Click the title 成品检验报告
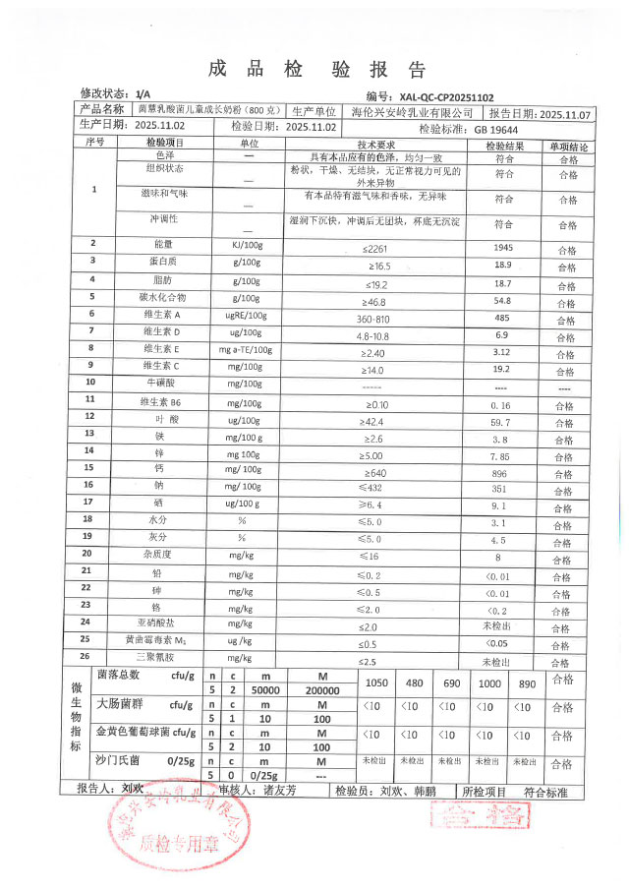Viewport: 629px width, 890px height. point(316,70)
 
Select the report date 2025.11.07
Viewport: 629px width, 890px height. point(567,113)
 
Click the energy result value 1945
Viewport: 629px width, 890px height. point(504,245)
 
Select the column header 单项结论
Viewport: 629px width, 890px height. point(569,145)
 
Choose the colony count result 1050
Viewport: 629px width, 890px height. point(377,683)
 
